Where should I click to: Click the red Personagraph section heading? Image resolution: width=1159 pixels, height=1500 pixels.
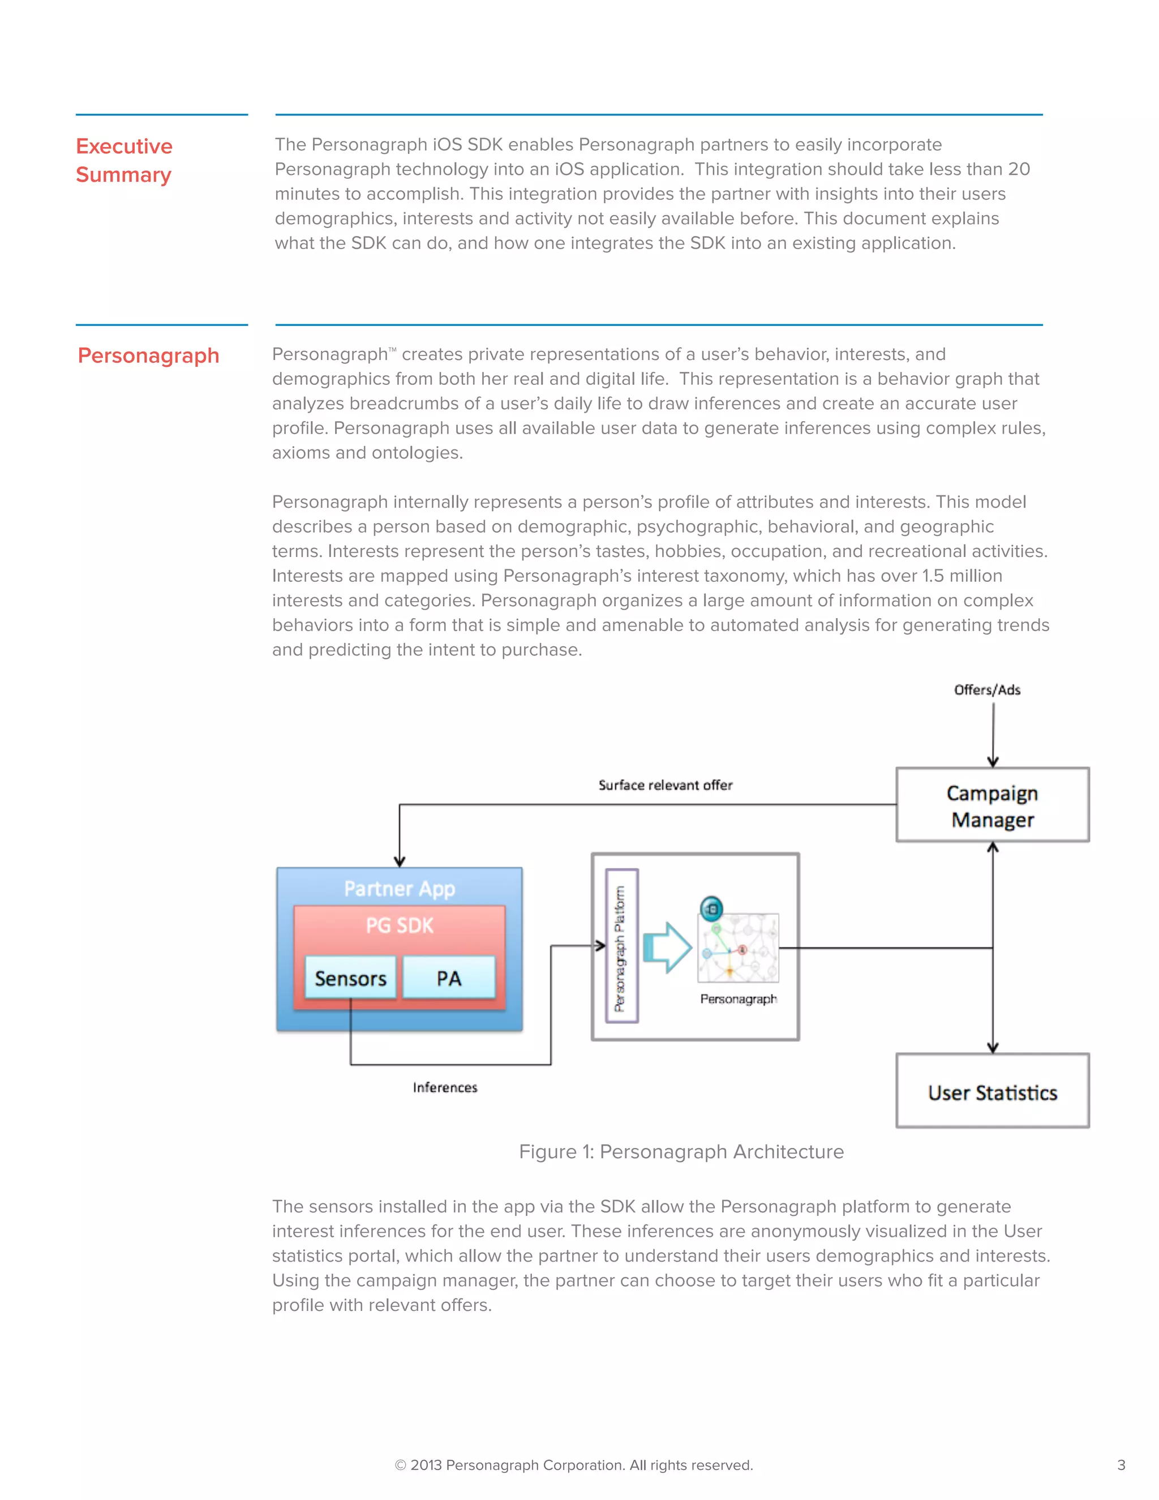[148, 356]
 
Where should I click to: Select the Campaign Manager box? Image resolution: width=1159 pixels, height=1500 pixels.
[992, 805]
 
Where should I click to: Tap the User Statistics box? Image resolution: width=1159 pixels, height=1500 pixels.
[992, 1092]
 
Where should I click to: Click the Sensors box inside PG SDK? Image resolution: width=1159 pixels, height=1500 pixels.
[350, 978]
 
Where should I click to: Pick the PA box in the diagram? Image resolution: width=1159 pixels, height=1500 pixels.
[448, 978]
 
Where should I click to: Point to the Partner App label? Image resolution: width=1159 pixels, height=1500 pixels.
[399, 888]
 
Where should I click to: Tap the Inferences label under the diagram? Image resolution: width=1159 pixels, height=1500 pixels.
[444, 1087]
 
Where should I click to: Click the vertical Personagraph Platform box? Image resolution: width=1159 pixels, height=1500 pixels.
[621, 946]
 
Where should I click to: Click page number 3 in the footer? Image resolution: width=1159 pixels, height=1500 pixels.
[1121, 1465]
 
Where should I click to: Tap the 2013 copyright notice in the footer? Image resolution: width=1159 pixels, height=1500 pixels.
[573, 1465]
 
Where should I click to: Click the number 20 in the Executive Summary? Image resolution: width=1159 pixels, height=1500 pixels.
[1018, 169]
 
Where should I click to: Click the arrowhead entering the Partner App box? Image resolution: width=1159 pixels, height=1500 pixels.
[400, 862]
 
